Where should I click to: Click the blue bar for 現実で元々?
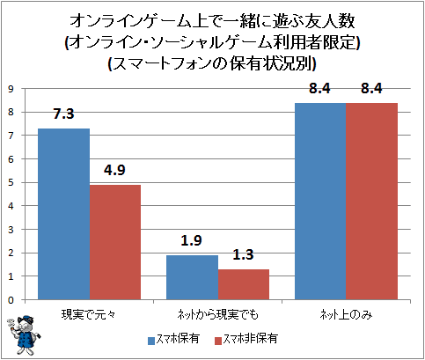(64, 214)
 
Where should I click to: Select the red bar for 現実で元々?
(115, 242)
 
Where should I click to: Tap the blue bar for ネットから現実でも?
(192, 277)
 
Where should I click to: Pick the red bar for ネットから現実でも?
(244, 284)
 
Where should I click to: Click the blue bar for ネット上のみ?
(320, 202)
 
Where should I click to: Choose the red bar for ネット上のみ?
(372, 202)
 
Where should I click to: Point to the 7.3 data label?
(63, 114)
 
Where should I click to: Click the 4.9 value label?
(114, 170)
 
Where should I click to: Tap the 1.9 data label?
(191, 240)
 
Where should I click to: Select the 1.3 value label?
(243, 254)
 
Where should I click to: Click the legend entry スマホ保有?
(173, 339)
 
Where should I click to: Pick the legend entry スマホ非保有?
(246, 339)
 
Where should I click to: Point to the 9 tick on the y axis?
(11, 89)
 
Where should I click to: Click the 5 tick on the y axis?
(11, 183)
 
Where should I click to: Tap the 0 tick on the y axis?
(11, 300)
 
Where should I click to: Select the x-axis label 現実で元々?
(89, 315)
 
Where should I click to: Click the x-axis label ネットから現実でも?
(217, 315)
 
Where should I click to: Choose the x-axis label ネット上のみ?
(346, 315)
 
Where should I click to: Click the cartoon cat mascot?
(24, 335)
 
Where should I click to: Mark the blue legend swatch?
(151, 341)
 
